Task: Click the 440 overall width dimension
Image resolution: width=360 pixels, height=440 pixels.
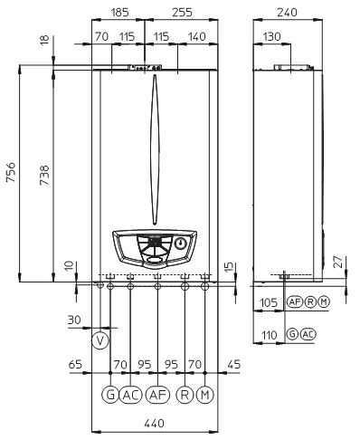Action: coord(154,424)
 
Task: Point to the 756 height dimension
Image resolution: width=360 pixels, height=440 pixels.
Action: coord(11,172)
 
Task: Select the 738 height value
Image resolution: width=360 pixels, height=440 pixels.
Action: coord(44,175)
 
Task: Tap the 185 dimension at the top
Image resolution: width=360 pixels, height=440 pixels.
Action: coord(120,13)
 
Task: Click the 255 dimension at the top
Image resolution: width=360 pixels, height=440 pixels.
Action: coord(182,13)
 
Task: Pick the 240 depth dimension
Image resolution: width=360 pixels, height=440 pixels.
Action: coord(287,13)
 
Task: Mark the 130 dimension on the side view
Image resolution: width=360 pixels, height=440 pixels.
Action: coord(271,37)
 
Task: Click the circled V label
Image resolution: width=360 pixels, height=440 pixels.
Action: coord(100,341)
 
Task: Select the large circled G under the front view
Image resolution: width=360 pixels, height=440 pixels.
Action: coord(110,395)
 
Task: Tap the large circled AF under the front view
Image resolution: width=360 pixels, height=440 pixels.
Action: coord(157,395)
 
